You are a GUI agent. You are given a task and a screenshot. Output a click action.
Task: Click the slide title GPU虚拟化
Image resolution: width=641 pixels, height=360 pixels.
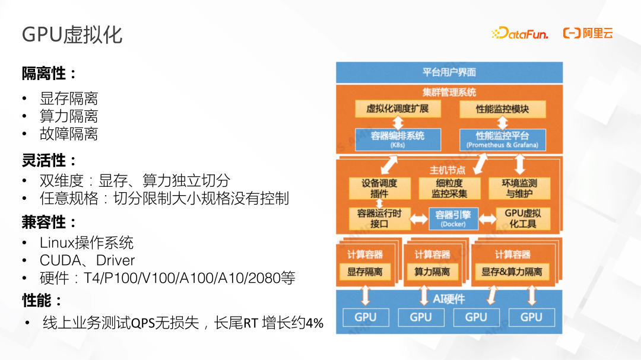pos(72,34)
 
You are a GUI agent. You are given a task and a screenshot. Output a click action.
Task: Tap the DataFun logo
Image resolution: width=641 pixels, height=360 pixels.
pos(519,33)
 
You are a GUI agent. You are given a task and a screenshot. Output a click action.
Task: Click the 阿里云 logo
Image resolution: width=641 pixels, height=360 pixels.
pos(588,33)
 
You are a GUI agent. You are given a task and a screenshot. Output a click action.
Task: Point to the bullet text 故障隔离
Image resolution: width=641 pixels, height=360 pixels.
pos(69,134)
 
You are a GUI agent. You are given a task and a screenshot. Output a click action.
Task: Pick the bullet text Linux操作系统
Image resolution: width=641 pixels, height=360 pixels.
pos(87,243)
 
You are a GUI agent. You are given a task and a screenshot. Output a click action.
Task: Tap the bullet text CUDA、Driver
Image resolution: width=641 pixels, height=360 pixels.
pos(87,260)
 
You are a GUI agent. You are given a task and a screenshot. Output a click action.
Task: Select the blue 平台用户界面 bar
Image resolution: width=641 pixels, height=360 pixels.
pos(449,72)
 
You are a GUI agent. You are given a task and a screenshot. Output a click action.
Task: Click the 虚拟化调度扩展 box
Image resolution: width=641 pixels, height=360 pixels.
pos(396,109)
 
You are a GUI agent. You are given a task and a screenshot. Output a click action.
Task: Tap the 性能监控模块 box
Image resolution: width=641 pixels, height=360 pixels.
pos(502,109)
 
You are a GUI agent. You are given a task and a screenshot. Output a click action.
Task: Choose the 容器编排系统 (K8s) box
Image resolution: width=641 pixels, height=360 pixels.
pos(398,139)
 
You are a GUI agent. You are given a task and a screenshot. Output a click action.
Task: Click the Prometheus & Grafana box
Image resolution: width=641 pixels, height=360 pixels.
pos(502,139)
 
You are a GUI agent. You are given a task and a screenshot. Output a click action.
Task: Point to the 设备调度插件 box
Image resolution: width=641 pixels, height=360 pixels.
pos(379,188)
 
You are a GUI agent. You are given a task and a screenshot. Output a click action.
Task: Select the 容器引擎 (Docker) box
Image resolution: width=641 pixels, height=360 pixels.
pos(453,218)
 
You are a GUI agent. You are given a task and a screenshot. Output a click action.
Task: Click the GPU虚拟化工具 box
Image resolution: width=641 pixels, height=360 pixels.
pos(522,218)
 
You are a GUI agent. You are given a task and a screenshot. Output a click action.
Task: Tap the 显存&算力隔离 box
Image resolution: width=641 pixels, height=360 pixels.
pos(512,272)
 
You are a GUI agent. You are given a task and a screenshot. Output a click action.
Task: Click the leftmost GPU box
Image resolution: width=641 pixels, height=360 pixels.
pos(365,317)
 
